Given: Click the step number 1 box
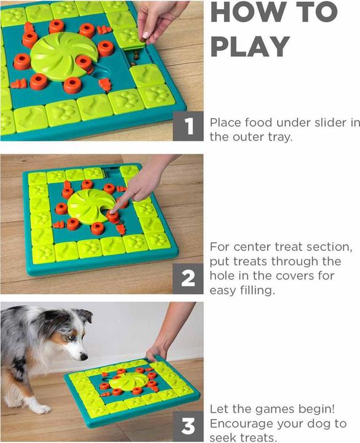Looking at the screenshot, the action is click(x=188, y=126).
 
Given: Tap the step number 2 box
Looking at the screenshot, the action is click(x=188, y=279).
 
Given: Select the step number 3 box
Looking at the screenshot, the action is click(x=188, y=426).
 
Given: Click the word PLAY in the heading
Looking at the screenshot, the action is click(x=250, y=47).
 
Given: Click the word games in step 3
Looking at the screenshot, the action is click(x=273, y=409).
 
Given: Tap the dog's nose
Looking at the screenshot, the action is click(x=84, y=357).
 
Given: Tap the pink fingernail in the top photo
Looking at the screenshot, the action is click(x=145, y=34).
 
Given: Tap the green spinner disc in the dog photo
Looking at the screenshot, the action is click(x=128, y=381).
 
